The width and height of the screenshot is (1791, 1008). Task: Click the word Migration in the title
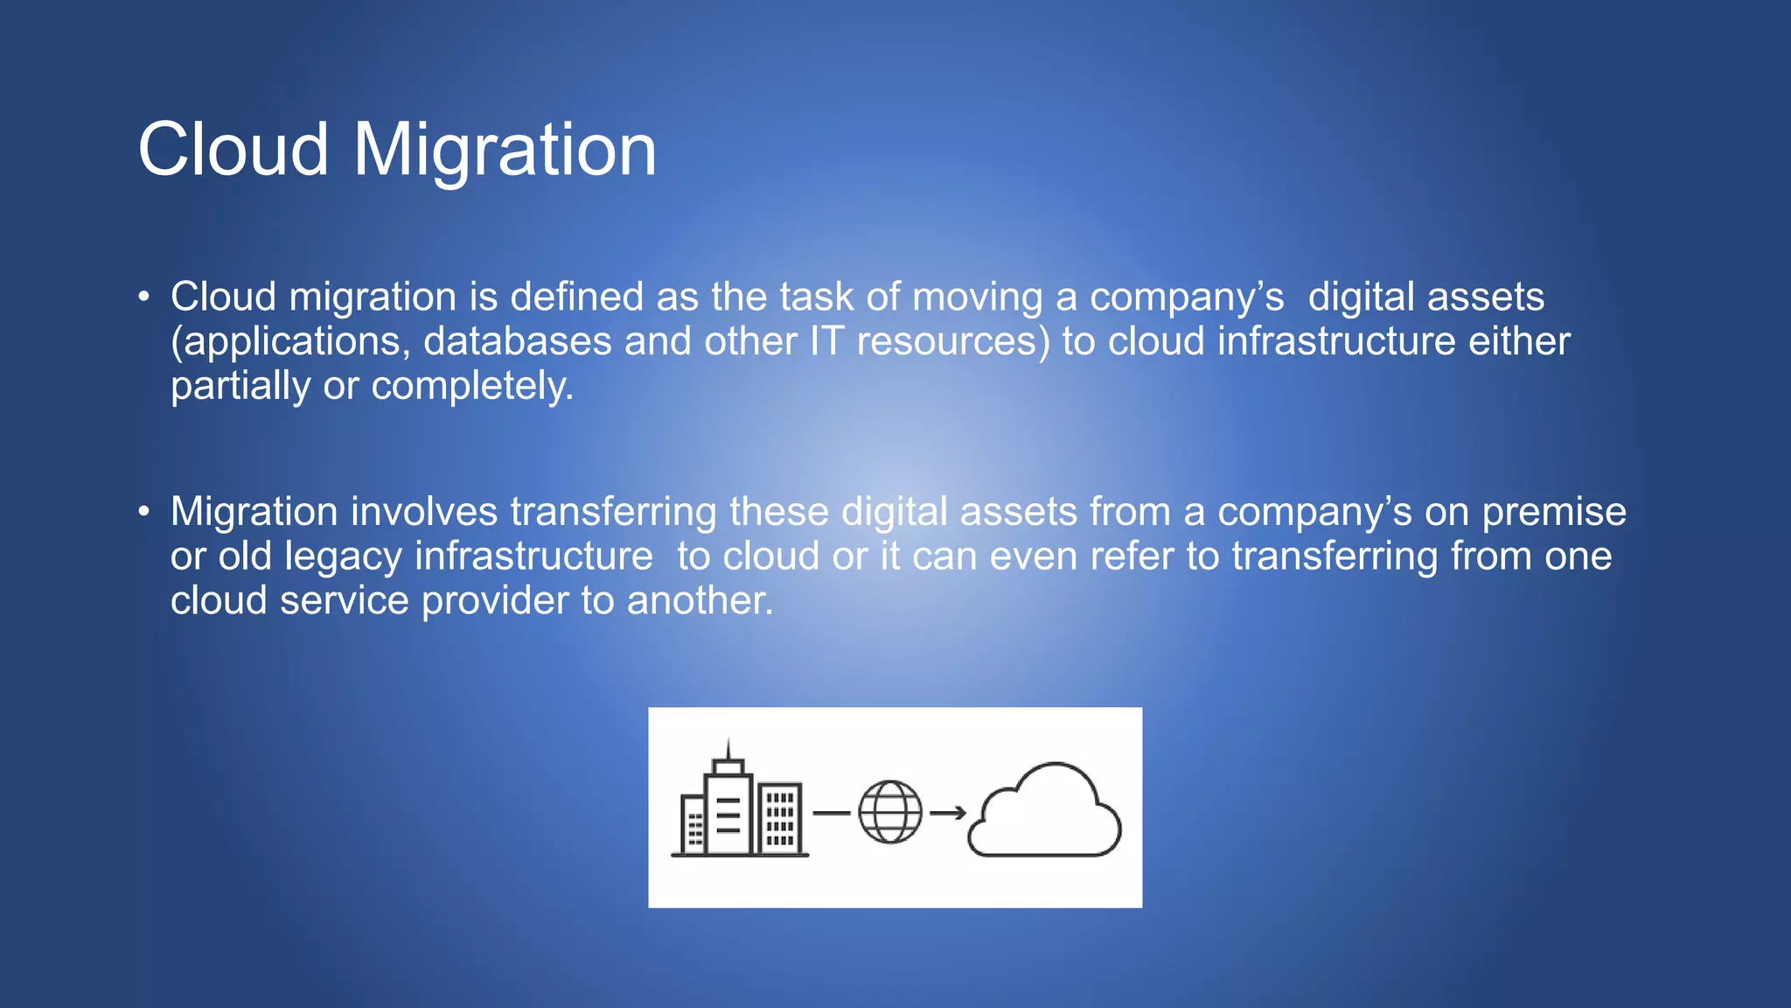click(x=505, y=150)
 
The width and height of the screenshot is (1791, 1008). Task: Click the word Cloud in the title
click(x=233, y=150)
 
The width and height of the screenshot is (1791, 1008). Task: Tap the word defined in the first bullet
click(x=577, y=297)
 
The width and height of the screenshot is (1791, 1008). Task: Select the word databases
click(x=517, y=342)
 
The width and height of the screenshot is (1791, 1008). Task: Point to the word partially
click(x=240, y=387)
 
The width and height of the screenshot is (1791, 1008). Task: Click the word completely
click(x=472, y=387)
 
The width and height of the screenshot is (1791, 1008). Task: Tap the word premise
click(x=1554, y=512)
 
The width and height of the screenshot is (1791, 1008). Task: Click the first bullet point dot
click(x=144, y=296)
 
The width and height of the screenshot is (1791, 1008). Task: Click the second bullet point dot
click(x=144, y=510)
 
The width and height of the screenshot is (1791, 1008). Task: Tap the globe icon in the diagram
click(x=890, y=812)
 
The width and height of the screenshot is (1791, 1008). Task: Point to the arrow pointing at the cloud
click(x=948, y=813)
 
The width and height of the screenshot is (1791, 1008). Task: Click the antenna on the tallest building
click(x=728, y=749)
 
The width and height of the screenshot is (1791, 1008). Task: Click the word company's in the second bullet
click(x=1314, y=512)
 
